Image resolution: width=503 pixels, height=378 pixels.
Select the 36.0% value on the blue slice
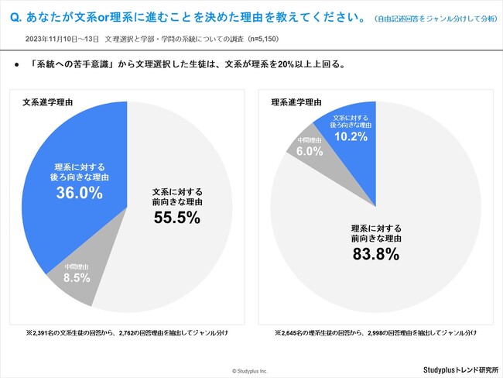[80, 194]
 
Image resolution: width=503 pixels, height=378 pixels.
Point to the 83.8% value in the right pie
[377, 253]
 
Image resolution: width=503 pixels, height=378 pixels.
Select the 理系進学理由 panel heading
[297, 102]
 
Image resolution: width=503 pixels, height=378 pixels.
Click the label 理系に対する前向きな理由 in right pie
[377, 230]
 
